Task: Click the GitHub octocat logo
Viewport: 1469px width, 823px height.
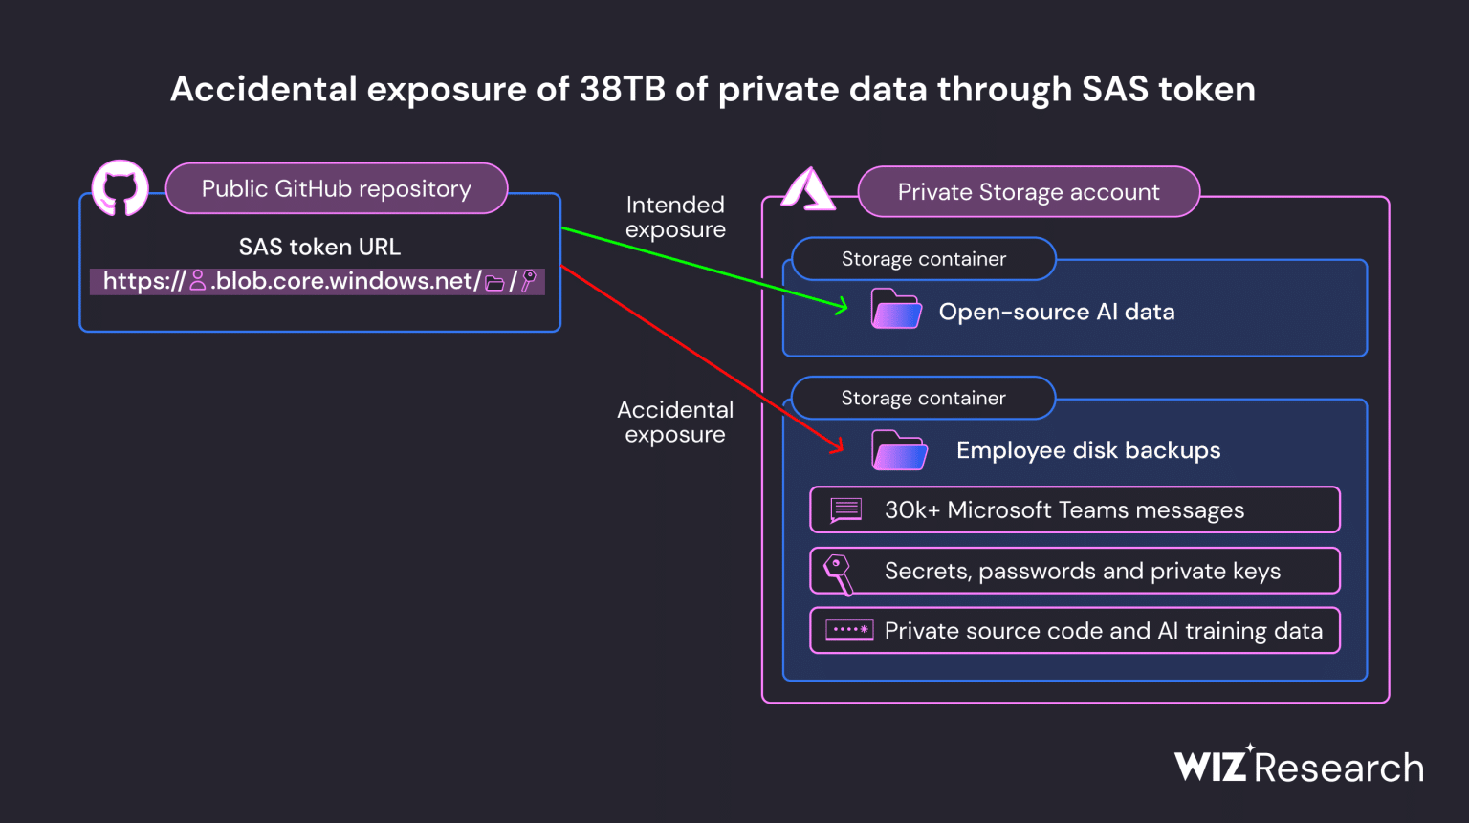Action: (120, 187)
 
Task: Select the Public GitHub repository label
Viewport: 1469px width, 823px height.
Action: (336, 189)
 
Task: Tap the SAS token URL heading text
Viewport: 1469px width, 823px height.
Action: (319, 247)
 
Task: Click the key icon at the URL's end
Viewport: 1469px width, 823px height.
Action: (529, 281)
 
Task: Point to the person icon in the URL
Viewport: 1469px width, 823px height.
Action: (198, 281)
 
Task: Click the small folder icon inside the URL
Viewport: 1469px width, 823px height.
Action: (494, 282)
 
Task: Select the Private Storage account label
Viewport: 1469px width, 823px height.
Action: (1028, 192)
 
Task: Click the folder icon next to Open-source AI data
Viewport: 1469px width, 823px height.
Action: (896, 310)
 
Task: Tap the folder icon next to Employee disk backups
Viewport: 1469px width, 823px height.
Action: (899, 450)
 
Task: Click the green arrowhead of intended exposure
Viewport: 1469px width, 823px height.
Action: (842, 307)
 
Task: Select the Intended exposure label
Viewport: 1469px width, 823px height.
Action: (675, 217)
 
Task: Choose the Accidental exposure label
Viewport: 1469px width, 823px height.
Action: (675, 422)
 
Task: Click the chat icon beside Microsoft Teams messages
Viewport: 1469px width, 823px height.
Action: (845, 510)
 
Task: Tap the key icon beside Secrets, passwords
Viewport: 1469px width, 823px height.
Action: (839, 573)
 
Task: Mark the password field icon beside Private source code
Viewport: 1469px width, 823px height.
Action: (849, 631)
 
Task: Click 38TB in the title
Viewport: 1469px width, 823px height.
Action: (623, 89)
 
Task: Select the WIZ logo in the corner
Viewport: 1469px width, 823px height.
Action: (1212, 765)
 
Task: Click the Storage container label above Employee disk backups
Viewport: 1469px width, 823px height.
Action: (923, 398)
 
